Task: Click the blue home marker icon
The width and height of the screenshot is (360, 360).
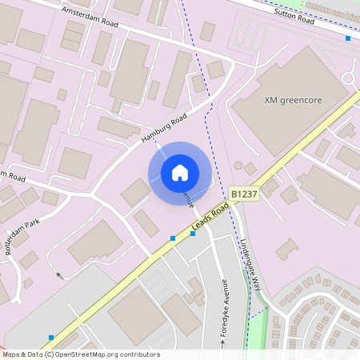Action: point(180,173)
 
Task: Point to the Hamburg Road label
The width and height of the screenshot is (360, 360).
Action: point(163,128)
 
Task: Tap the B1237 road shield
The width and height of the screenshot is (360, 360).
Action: point(245,194)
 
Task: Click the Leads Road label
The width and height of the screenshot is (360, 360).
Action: point(210,218)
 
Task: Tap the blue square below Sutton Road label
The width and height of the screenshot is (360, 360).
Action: point(347,38)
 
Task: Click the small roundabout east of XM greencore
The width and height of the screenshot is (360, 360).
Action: point(348,78)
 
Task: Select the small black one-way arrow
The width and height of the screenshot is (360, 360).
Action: point(58,275)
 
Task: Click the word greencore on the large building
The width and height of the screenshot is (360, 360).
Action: point(306,101)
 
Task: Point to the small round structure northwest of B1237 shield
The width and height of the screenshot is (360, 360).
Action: point(238,166)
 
